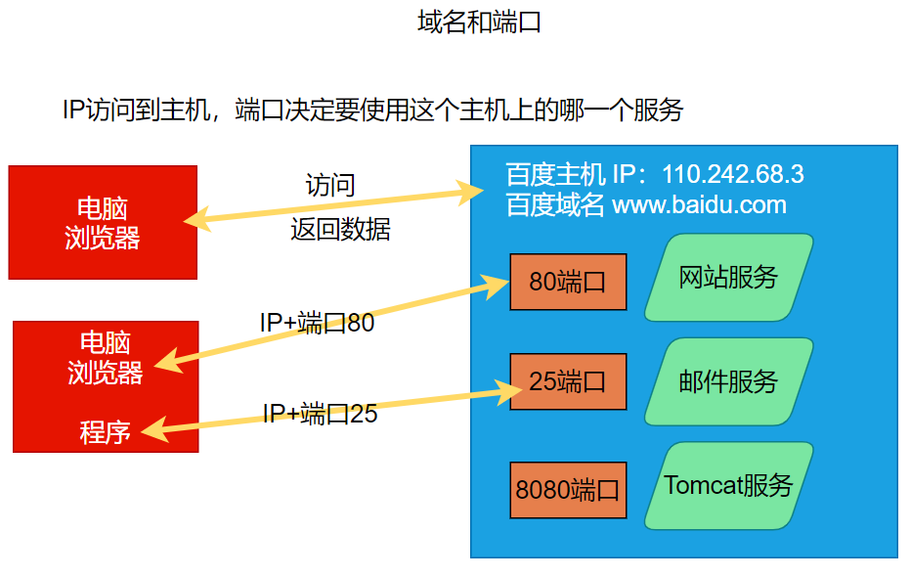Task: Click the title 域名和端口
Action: click(x=479, y=22)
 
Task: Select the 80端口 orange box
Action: click(x=568, y=282)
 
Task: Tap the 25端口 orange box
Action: click(x=568, y=381)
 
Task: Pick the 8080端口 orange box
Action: click(x=568, y=489)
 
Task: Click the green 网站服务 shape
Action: click(x=728, y=278)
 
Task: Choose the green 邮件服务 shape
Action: click(x=728, y=381)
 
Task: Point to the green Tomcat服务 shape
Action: click(x=728, y=486)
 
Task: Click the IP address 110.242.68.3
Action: click(x=733, y=175)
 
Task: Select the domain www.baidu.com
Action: click(x=699, y=205)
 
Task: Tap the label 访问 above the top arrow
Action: click(x=330, y=185)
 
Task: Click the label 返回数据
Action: click(x=340, y=230)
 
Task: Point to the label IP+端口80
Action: click(x=317, y=323)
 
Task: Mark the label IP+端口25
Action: click(x=320, y=414)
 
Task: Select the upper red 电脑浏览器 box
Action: click(x=103, y=223)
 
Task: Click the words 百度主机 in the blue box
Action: click(x=555, y=175)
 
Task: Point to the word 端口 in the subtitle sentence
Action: click(x=260, y=111)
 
